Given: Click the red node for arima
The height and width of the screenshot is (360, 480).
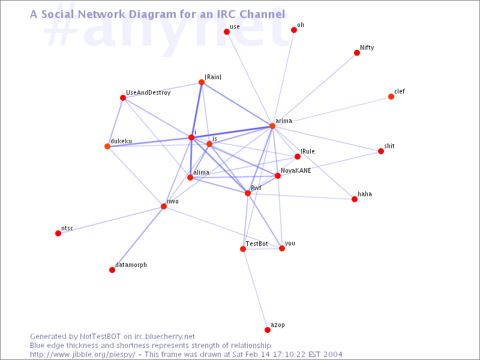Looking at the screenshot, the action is [272, 126].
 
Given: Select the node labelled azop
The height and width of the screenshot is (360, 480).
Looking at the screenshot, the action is [267, 329].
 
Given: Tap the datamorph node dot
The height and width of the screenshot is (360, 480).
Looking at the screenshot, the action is [112, 269].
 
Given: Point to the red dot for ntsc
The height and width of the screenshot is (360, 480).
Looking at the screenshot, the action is [58, 233].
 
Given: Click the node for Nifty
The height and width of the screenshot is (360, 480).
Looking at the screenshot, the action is [356, 53].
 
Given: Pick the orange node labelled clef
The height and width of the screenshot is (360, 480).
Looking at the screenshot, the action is [391, 97].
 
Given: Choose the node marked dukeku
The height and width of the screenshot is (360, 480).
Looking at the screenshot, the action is [107, 146].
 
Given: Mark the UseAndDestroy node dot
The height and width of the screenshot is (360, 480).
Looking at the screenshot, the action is [123, 98].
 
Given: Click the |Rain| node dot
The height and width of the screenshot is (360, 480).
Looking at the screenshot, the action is [202, 82].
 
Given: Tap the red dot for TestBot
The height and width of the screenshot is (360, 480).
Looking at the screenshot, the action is [243, 249].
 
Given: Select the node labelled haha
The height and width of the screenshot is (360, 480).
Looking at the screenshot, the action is [355, 199].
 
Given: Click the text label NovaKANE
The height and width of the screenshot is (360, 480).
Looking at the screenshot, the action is [296, 170].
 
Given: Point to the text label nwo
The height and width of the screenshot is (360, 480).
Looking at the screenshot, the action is [173, 201].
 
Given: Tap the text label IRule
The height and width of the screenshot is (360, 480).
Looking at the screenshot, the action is [307, 151].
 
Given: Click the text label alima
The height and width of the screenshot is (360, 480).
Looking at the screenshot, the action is [201, 172].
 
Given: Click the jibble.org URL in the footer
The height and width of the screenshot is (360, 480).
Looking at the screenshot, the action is [82, 355].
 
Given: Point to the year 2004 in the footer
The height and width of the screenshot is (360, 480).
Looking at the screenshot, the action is [332, 355].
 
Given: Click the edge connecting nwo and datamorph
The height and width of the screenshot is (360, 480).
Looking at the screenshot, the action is [138, 238].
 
